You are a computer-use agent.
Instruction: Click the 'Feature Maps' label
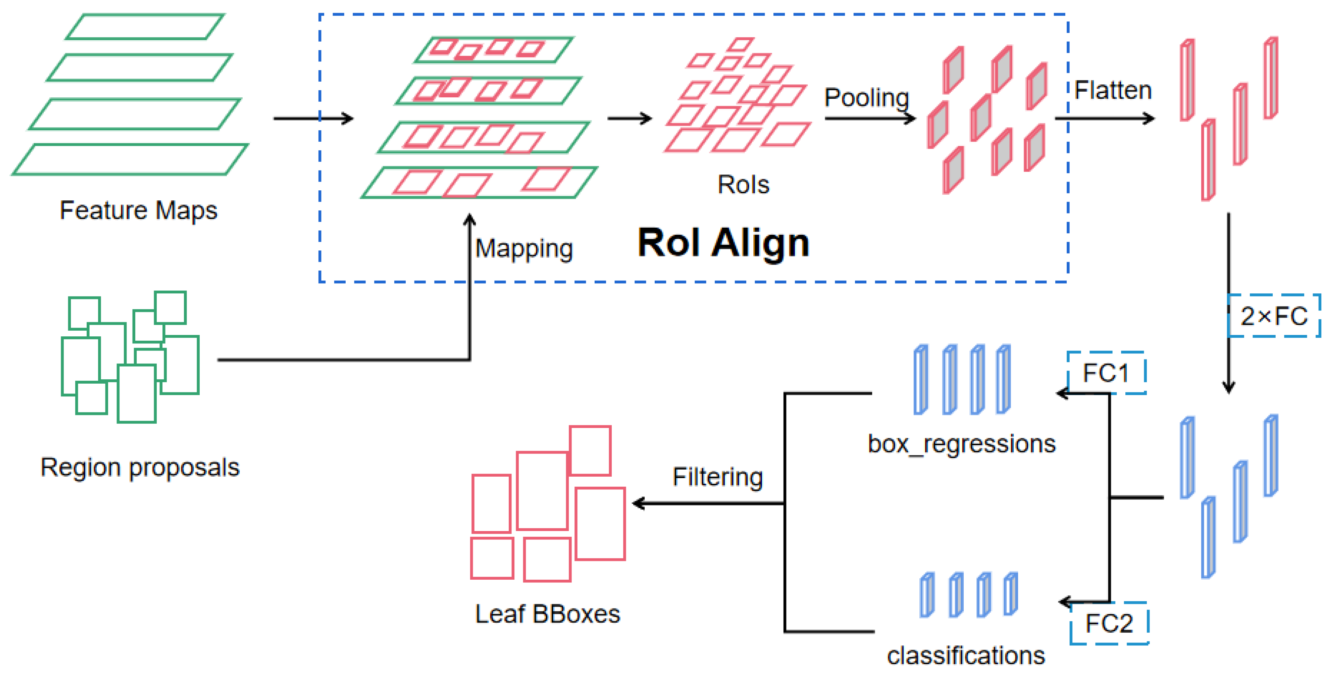click(x=139, y=210)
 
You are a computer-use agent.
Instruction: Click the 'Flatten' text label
click(x=1113, y=91)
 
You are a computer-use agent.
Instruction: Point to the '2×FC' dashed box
click(x=1274, y=316)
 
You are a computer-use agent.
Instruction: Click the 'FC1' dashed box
click(x=1106, y=373)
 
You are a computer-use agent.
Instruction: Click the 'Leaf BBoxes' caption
click(x=547, y=614)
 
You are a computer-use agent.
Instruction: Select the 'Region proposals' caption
click(x=140, y=467)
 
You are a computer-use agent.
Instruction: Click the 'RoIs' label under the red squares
click(x=743, y=184)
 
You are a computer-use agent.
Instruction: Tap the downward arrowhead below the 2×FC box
click(x=1229, y=388)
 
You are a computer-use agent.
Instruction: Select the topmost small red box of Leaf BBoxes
click(x=590, y=451)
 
